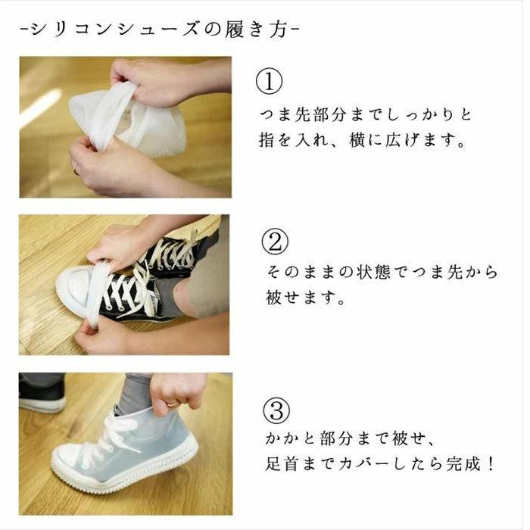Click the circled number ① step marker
(x=270, y=83)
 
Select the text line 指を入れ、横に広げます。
(x=361, y=141)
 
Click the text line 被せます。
(x=306, y=298)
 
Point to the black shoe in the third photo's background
(x=42, y=393)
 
